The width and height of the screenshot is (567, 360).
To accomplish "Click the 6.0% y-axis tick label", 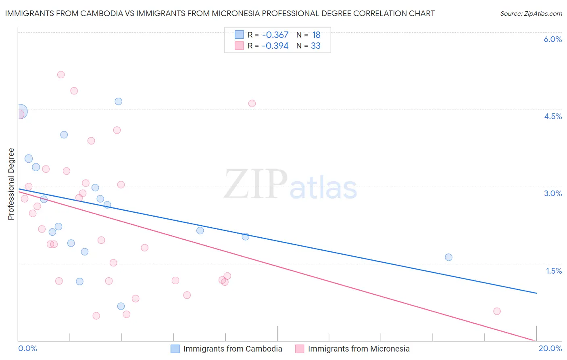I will pos(552,39).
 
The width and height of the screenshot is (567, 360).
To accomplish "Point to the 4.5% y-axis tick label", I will pos(552,116).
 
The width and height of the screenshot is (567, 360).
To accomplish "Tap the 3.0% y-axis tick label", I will pos(552,193).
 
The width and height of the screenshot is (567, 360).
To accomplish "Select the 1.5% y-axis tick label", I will pos(554,271).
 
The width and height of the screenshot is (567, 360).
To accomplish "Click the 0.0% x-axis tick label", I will pos(28,348).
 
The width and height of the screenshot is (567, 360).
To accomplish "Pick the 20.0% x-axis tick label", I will pos(550,348).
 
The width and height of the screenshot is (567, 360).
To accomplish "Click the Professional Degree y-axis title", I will pos(11,184).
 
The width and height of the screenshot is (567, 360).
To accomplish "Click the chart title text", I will pos(220,13).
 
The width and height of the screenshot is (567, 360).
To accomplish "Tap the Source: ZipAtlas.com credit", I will pos(531,13).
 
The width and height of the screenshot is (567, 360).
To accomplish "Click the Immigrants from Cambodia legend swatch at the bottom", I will pos(175,349).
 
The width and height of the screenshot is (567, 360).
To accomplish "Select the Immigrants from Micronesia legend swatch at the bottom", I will pos(300,349).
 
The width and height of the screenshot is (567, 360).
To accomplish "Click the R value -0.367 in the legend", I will pos(275,35).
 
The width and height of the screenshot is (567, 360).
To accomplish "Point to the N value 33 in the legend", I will pos(316,46).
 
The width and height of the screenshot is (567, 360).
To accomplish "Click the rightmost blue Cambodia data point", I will pos(448,257).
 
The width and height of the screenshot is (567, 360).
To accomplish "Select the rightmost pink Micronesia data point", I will pos(497,311).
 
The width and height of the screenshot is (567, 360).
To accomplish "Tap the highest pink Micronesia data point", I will pos(61,75).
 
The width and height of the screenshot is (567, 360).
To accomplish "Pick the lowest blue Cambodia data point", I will pos(121,306).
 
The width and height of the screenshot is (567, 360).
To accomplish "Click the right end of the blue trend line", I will pos(536,293).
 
